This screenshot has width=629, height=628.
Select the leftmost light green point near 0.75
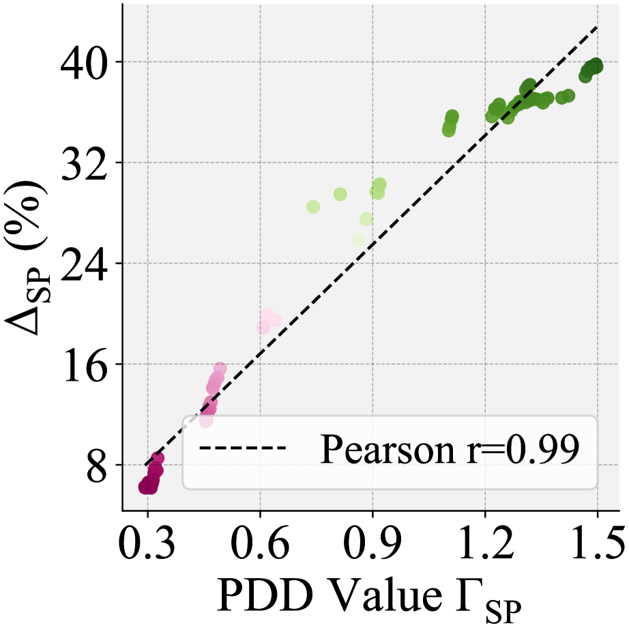click(x=313, y=207)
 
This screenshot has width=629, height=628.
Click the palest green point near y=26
click(x=358, y=240)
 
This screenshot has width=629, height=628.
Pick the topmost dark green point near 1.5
click(x=596, y=65)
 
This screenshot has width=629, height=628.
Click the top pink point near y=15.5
click(x=220, y=369)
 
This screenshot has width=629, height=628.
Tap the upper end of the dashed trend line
click(x=598, y=27)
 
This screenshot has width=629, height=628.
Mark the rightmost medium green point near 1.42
click(x=568, y=96)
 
